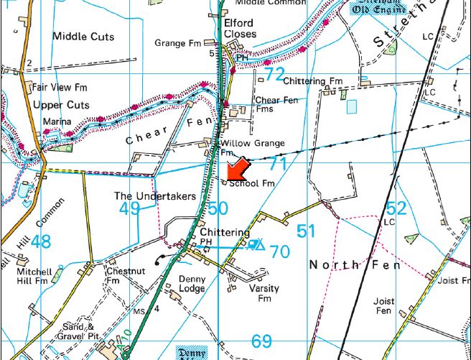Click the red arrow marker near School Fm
coord(237,170)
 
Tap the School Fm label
coord(252,184)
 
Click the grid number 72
coord(274,74)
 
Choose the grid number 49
coord(129,209)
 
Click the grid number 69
coord(262,341)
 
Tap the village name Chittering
coord(225,233)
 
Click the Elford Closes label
coord(240,28)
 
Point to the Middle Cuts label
coord(83,37)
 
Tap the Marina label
coord(57,122)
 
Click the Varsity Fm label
coord(264,293)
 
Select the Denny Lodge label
coord(192,284)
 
